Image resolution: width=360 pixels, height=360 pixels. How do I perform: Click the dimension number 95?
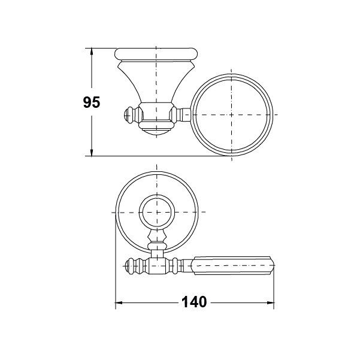[x=92, y=102]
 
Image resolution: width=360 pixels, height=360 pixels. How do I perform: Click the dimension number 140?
[x=194, y=302]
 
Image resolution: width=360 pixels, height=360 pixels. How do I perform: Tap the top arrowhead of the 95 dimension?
[x=92, y=51]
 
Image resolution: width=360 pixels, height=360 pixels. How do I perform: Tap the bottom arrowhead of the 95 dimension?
[x=92, y=153]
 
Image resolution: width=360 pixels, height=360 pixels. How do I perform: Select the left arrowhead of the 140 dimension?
[x=119, y=303]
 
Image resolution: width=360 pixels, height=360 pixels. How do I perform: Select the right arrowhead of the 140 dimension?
[x=271, y=303]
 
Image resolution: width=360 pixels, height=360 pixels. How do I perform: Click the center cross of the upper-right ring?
[x=231, y=114]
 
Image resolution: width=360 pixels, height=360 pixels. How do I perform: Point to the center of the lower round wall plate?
[x=157, y=213]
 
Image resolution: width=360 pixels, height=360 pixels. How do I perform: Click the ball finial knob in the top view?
[x=129, y=115]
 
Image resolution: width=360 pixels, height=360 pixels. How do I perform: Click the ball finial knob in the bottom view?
[x=130, y=266]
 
